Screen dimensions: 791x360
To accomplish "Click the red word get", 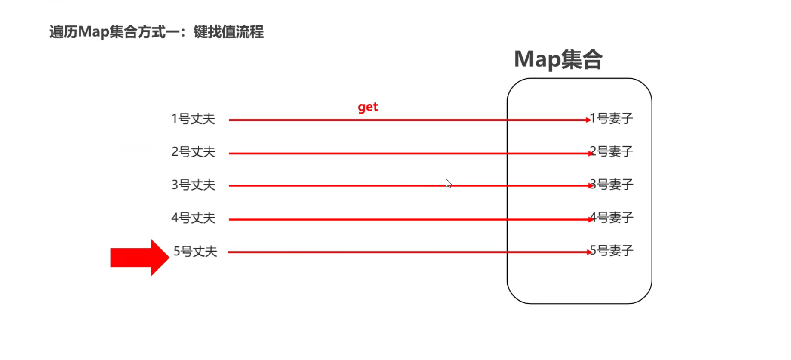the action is click(x=368, y=107).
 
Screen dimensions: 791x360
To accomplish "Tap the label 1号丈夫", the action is click(x=193, y=119).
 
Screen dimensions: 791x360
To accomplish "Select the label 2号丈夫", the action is click(x=193, y=152).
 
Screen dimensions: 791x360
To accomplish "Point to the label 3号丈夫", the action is click(x=193, y=185).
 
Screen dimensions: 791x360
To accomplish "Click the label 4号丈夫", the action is click(x=193, y=218).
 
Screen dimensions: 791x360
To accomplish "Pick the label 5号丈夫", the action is click(x=195, y=251).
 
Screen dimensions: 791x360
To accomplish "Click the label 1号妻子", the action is click(x=611, y=118).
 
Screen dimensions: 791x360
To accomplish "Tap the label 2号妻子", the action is click(x=611, y=151).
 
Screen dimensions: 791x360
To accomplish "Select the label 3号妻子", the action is click(x=611, y=185).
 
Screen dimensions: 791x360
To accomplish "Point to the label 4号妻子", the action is click(x=611, y=218).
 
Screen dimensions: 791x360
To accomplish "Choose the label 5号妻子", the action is click(x=611, y=250).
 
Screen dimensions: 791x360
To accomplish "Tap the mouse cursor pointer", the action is click(x=448, y=183).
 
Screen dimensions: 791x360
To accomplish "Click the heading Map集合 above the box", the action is click(x=558, y=59).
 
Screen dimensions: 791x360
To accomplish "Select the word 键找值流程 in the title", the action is click(x=228, y=32).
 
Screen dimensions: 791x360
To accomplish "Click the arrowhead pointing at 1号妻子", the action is click(x=588, y=120).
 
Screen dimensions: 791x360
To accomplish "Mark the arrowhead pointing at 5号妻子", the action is click(x=589, y=252).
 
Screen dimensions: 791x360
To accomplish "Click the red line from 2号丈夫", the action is click(x=366, y=153).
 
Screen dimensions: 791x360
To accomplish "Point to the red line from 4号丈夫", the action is click(x=366, y=219).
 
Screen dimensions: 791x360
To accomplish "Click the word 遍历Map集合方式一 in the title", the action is click(x=114, y=32).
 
